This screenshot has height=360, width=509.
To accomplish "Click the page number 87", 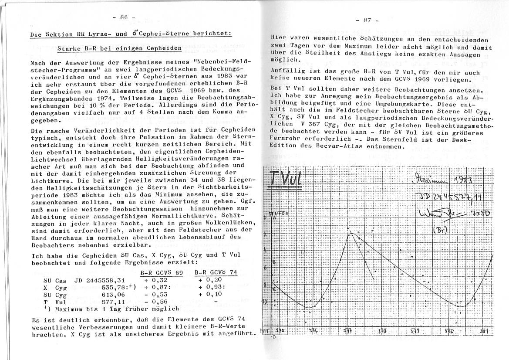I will pos(367,20).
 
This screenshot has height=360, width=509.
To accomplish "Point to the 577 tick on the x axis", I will pos(348,331).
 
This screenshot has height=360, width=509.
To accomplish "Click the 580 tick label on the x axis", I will pos(449,331).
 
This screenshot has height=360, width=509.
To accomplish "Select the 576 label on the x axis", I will pos(313,331).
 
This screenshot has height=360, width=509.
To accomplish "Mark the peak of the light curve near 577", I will pos(351,234).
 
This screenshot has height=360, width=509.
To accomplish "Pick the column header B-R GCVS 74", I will pos(215,272).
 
